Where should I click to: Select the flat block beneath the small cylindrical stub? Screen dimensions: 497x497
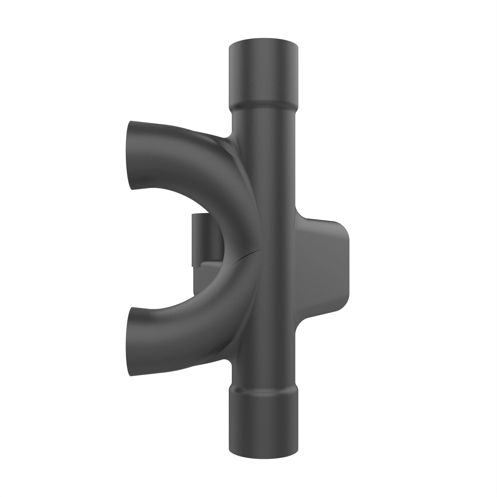click(206, 278)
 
